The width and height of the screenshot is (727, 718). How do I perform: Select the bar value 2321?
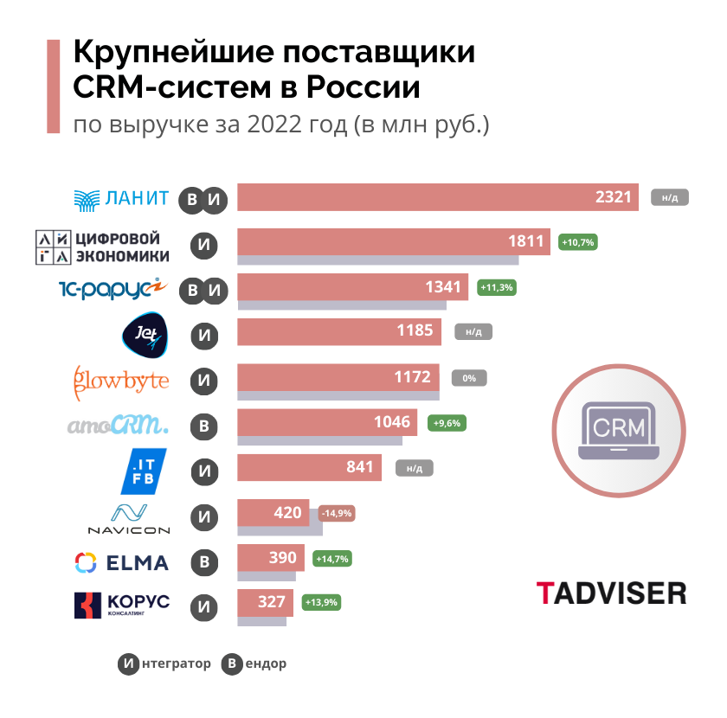tap(614, 197)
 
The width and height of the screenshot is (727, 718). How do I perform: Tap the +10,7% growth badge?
tap(578, 242)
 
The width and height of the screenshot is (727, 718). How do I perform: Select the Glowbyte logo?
tap(121, 379)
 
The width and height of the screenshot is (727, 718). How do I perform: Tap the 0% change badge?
tap(469, 378)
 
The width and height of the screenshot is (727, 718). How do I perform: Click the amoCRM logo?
tap(119, 426)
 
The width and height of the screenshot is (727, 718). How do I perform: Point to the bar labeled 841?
tap(310, 468)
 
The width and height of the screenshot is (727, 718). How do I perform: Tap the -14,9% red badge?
tap(336, 514)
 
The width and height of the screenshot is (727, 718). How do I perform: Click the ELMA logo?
tap(122, 563)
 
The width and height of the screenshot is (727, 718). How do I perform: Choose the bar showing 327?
tap(265, 603)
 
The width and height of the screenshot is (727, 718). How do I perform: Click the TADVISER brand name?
tap(611, 593)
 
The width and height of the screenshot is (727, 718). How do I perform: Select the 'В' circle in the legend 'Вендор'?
tap(231, 664)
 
